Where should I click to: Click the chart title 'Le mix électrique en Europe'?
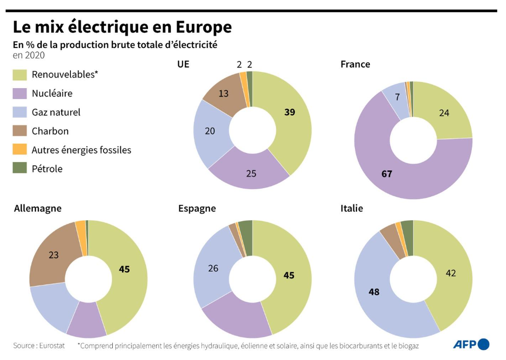click(x=122, y=27)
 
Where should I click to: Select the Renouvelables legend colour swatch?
click(x=19, y=74)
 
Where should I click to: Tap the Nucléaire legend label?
click(x=52, y=93)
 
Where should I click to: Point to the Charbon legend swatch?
click(x=19, y=131)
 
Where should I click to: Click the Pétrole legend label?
click(x=47, y=168)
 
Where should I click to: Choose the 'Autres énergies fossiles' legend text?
click(x=81, y=150)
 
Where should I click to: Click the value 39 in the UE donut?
click(x=290, y=112)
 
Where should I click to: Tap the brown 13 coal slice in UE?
click(x=223, y=93)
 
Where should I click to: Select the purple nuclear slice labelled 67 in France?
click(x=387, y=174)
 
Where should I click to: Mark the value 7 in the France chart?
click(x=397, y=97)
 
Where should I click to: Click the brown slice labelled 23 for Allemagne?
click(x=54, y=254)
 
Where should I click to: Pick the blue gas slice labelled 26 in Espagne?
click(x=213, y=268)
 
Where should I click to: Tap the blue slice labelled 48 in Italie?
click(x=374, y=292)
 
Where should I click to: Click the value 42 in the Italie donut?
click(x=450, y=273)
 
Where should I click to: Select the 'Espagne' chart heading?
click(x=197, y=208)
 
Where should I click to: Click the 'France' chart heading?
click(x=355, y=64)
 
